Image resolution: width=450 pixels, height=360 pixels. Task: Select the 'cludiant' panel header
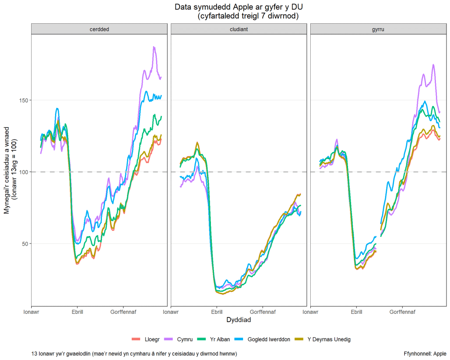point(239,29)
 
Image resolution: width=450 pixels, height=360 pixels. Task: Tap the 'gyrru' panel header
point(378,29)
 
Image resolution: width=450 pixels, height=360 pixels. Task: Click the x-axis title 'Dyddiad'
point(239,320)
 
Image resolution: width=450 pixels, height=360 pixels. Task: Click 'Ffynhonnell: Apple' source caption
point(425,353)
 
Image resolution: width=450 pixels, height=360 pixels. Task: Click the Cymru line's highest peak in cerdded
point(154,47)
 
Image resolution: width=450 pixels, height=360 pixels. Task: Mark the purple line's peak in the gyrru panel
point(433,65)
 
